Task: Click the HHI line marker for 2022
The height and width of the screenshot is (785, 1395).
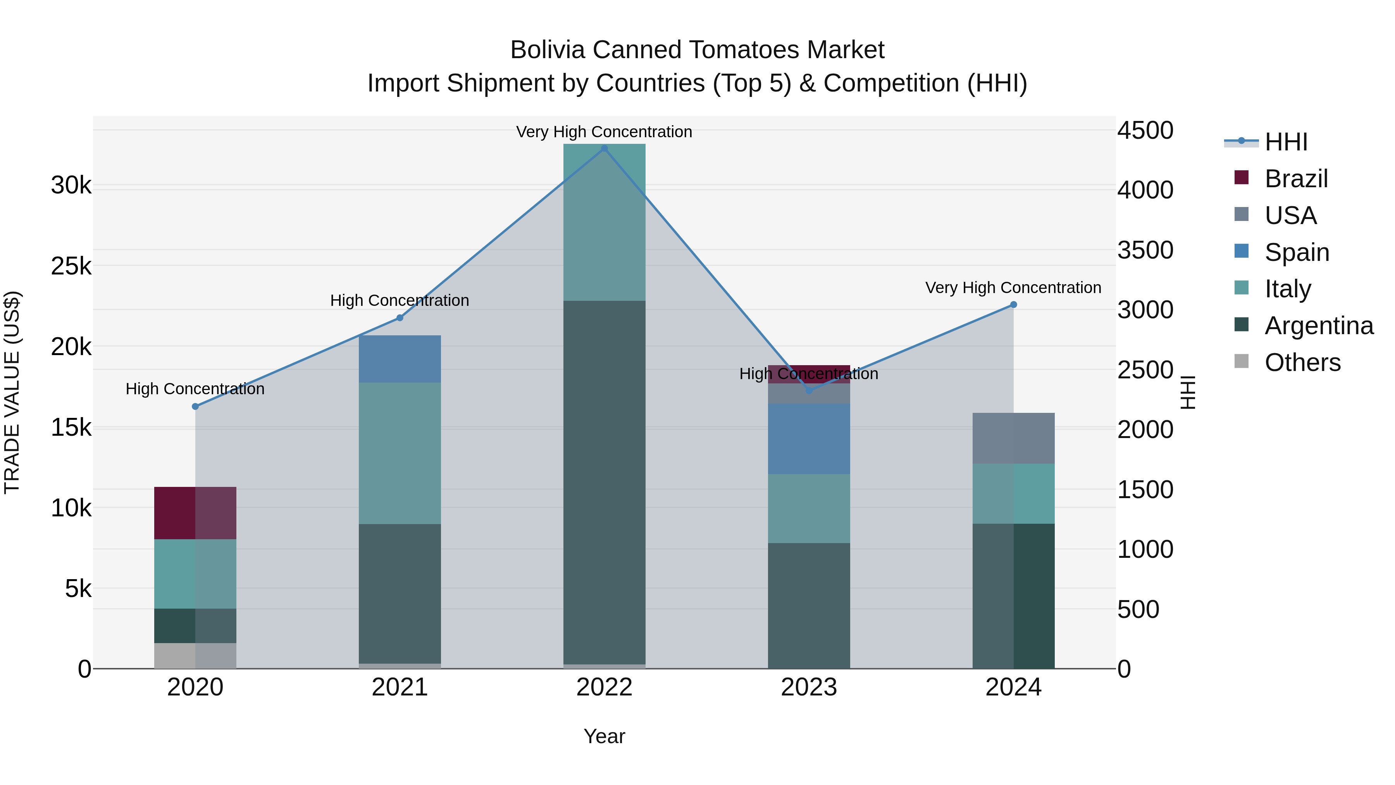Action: (x=604, y=148)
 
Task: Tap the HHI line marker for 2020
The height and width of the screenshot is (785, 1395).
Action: (x=196, y=406)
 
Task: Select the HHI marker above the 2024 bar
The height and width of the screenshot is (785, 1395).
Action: (x=1014, y=304)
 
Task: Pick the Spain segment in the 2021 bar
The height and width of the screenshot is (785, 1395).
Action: (x=400, y=359)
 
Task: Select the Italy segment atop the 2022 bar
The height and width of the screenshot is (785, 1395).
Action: (x=604, y=222)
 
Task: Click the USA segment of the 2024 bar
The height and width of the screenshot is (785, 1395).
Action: (x=1014, y=438)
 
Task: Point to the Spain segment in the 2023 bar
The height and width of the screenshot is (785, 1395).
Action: (x=809, y=439)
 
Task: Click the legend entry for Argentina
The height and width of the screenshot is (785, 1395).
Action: (x=1319, y=326)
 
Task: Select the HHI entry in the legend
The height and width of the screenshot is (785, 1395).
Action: (x=1286, y=142)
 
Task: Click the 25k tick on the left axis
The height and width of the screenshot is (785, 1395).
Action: (x=71, y=266)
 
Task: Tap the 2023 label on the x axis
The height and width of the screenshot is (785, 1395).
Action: (x=809, y=687)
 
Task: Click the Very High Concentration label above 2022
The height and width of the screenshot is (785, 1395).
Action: (x=604, y=132)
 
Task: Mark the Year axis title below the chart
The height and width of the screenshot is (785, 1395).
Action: (x=604, y=736)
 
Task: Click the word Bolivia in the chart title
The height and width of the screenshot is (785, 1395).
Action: (x=548, y=50)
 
